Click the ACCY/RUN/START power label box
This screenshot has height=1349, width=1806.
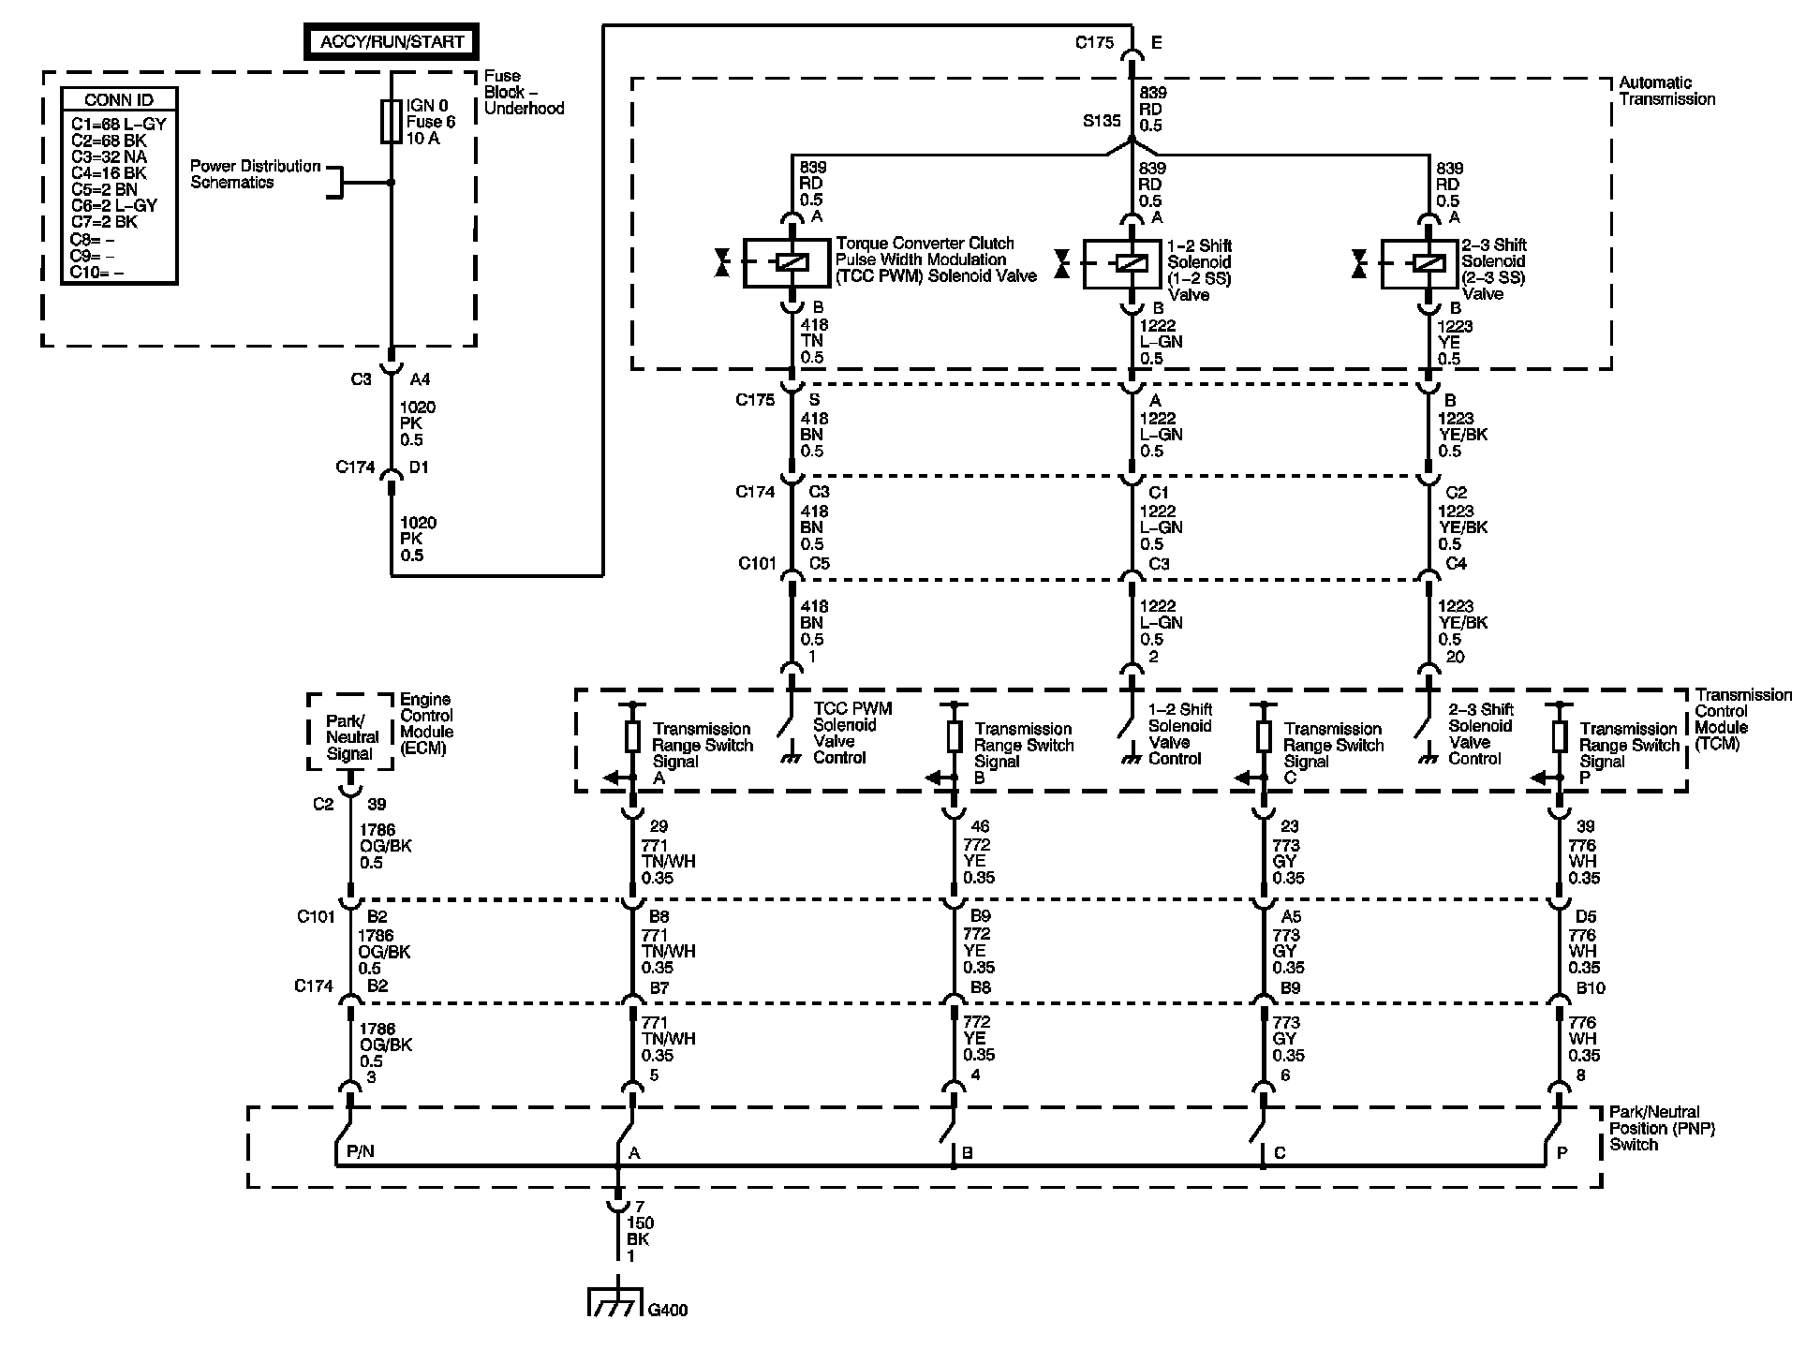392,42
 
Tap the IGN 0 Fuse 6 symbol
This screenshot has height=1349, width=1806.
392,122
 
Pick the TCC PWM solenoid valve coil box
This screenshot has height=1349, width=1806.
788,263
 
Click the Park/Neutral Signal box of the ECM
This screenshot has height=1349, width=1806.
349,737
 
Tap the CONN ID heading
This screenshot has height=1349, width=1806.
118,100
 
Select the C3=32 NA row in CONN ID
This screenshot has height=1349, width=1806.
109,156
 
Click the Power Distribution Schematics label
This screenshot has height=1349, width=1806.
255,174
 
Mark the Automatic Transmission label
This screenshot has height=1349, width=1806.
1666,91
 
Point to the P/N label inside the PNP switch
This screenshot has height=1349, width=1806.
360,1151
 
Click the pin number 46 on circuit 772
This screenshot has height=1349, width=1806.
981,826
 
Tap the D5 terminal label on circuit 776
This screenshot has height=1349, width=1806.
1585,916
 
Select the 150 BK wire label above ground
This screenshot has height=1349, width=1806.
641,1231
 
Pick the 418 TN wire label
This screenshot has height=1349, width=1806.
812,341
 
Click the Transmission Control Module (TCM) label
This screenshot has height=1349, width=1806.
1742,719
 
